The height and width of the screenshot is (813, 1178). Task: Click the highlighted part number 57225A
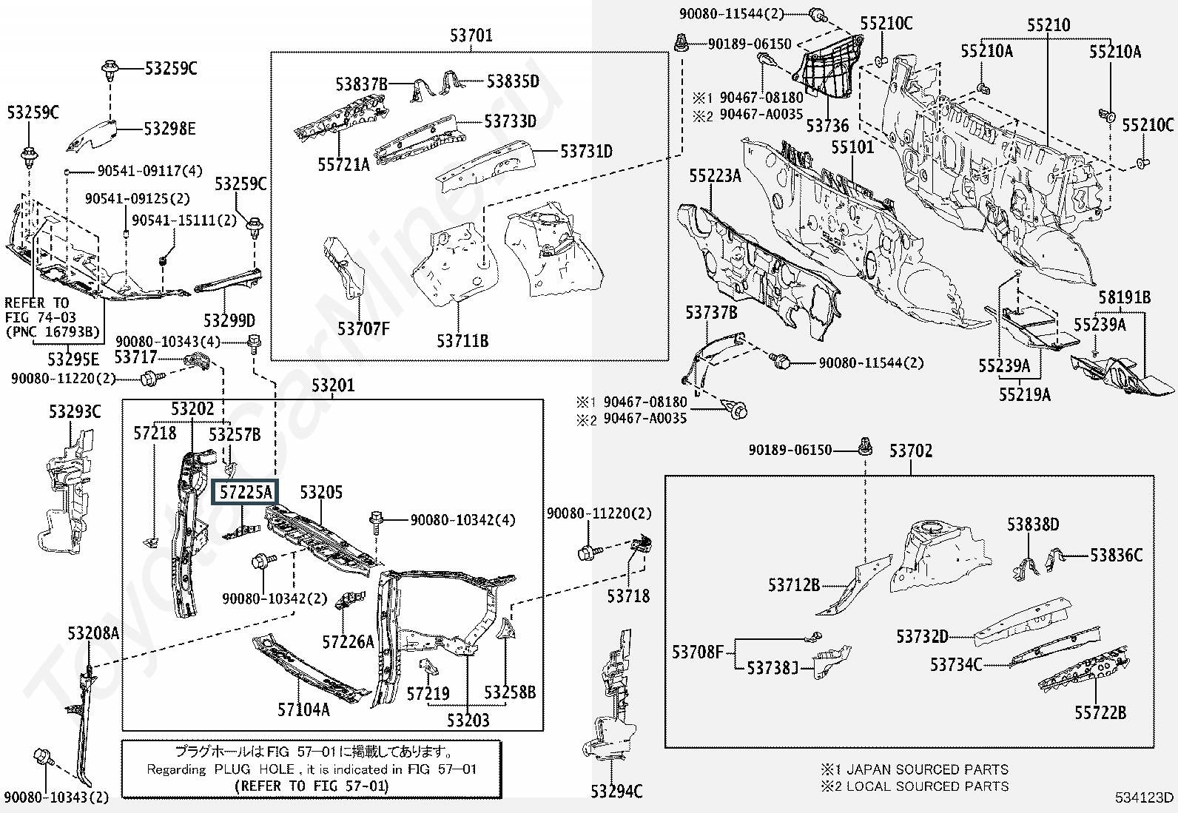(246, 492)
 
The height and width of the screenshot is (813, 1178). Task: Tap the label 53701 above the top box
(471, 36)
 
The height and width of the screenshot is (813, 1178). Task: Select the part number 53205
(321, 492)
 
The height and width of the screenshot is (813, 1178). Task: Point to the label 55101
(852, 147)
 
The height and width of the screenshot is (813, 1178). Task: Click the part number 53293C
(75, 411)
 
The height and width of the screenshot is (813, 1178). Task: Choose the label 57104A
(303, 710)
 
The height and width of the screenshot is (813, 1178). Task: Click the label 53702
(911, 451)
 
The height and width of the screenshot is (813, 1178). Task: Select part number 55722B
(1100, 712)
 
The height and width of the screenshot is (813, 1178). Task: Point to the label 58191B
(1125, 297)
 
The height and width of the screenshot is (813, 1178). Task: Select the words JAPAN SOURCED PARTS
(928, 769)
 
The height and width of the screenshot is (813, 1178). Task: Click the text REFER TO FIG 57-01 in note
(312, 786)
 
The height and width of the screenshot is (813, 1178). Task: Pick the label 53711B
(462, 341)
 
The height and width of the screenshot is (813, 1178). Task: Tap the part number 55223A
(716, 175)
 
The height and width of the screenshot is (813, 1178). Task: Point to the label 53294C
(616, 791)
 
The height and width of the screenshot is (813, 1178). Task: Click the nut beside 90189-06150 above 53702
(865, 448)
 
